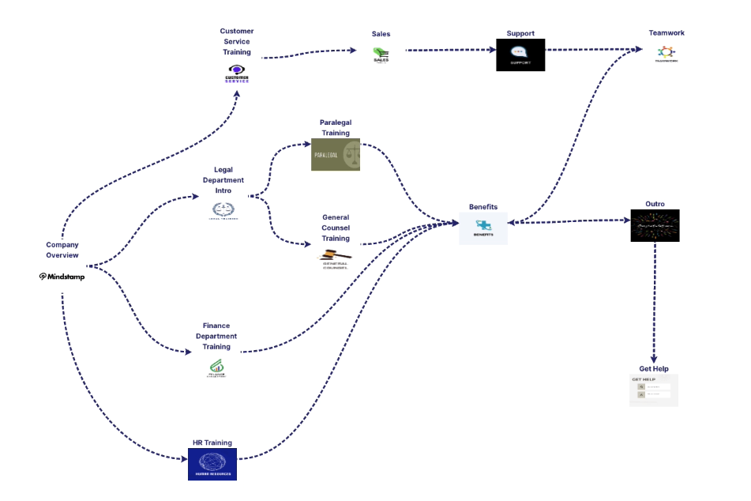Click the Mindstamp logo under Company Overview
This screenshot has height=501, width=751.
click(x=62, y=277)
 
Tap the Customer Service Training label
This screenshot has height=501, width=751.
click(x=237, y=42)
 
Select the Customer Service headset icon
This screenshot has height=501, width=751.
click(x=237, y=73)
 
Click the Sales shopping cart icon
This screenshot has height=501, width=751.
click(x=381, y=55)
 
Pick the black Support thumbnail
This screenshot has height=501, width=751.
click(x=520, y=55)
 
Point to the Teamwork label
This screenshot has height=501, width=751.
click(x=667, y=33)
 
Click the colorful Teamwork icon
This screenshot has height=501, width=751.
click(x=667, y=54)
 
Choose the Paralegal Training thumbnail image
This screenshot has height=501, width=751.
click(x=336, y=155)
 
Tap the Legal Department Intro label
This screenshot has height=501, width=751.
click(x=223, y=180)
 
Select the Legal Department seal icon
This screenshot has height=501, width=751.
click(x=223, y=210)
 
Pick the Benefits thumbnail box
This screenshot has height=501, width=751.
click(x=483, y=228)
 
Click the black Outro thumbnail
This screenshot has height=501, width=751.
click(x=655, y=225)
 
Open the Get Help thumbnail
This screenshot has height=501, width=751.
click(x=654, y=390)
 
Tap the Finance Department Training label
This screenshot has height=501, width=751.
click(x=216, y=336)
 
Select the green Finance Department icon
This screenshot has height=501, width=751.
click(x=216, y=367)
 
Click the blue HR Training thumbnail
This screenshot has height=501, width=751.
click(x=212, y=464)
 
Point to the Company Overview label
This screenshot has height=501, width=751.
click(x=62, y=250)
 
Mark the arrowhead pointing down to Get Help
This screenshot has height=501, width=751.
click(x=655, y=359)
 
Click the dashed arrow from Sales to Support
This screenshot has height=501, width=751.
click(x=450, y=50)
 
